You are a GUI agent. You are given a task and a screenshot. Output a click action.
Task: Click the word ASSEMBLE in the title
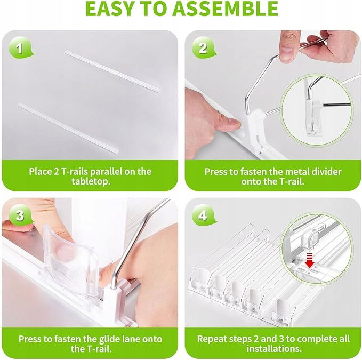(226, 9)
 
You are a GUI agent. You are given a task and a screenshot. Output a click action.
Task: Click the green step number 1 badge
(20, 48)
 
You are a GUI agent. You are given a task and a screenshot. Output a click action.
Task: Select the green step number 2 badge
(204, 48)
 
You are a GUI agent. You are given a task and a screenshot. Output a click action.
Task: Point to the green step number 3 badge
(20, 215)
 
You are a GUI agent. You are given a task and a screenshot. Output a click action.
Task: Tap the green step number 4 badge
(204, 215)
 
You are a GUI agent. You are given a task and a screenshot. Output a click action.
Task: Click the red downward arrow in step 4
(310, 261)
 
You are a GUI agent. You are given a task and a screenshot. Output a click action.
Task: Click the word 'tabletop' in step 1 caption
(90, 181)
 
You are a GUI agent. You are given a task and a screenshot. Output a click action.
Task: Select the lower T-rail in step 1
(68, 128)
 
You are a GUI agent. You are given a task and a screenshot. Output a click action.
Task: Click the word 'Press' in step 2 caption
(215, 172)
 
